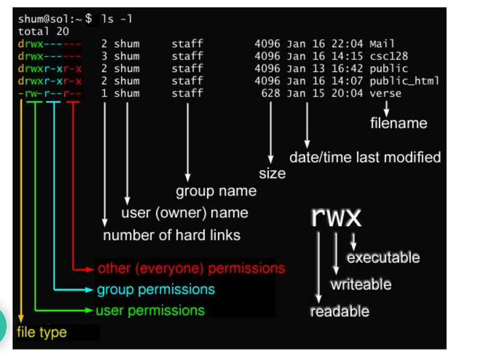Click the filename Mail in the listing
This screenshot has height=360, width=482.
point(382,44)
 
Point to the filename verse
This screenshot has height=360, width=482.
point(386,93)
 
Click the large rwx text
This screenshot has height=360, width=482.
point(336,217)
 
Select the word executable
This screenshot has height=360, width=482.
point(383,258)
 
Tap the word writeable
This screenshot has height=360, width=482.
point(361,284)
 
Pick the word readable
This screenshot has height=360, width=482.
point(339,311)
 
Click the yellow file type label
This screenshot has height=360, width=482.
point(42,332)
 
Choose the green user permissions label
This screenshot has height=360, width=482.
point(150,311)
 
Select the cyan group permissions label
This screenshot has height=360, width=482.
point(155,290)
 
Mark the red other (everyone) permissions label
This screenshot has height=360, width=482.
point(191,268)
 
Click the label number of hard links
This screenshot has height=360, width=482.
point(172,235)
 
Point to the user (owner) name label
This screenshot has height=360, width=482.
point(184,213)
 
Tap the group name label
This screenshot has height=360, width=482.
point(216,191)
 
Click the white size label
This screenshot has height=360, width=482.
point(272,173)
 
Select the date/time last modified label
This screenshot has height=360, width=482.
point(365,158)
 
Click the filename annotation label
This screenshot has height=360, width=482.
point(398,123)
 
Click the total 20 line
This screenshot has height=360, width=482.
point(43,31)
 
